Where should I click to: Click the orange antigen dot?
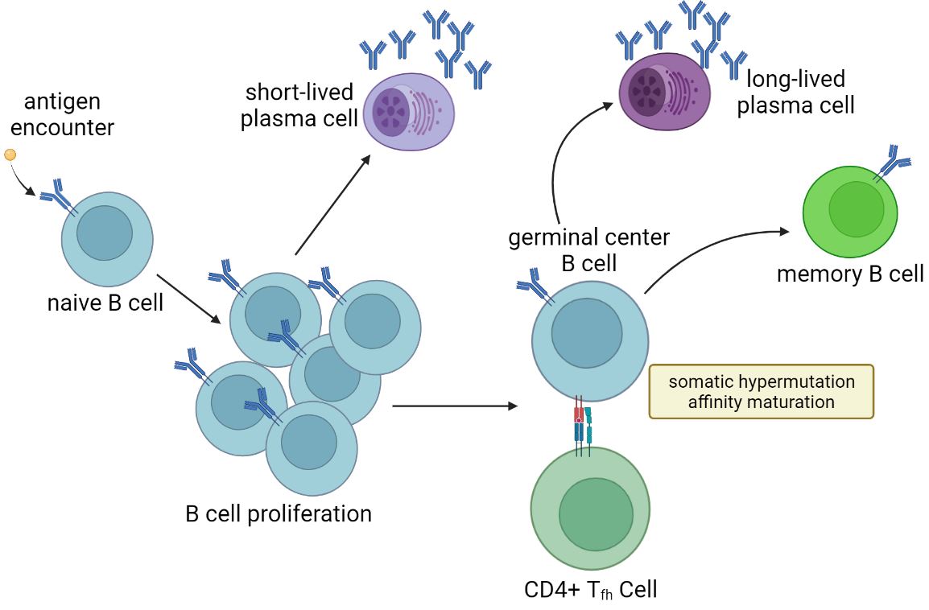pyautogui.click(x=10, y=155)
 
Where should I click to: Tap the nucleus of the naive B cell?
pyautogui.click(x=105, y=233)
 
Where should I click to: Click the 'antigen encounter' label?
pyautogui.click(x=68, y=114)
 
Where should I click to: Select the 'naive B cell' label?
pyautogui.click(x=105, y=303)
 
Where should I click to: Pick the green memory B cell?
pyautogui.click(x=850, y=211)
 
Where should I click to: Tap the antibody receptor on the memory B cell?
pyautogui.click(x=894, y=160)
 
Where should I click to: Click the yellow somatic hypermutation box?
pyautogui.click(x=761, y=391)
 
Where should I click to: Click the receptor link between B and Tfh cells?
pyautogui.click(x=584, y=424)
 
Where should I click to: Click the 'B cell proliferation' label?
pyautogui.click(x=279, y=513)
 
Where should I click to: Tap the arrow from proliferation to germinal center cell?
pyautogui.click(x=455, y=406)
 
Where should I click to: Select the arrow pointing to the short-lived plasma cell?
pyautogui.click(x=332, y=204)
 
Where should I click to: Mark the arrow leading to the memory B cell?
pyautogui.click(x=708, y=246)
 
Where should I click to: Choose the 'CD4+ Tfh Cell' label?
pyautogui.click(x=590, y=590)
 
